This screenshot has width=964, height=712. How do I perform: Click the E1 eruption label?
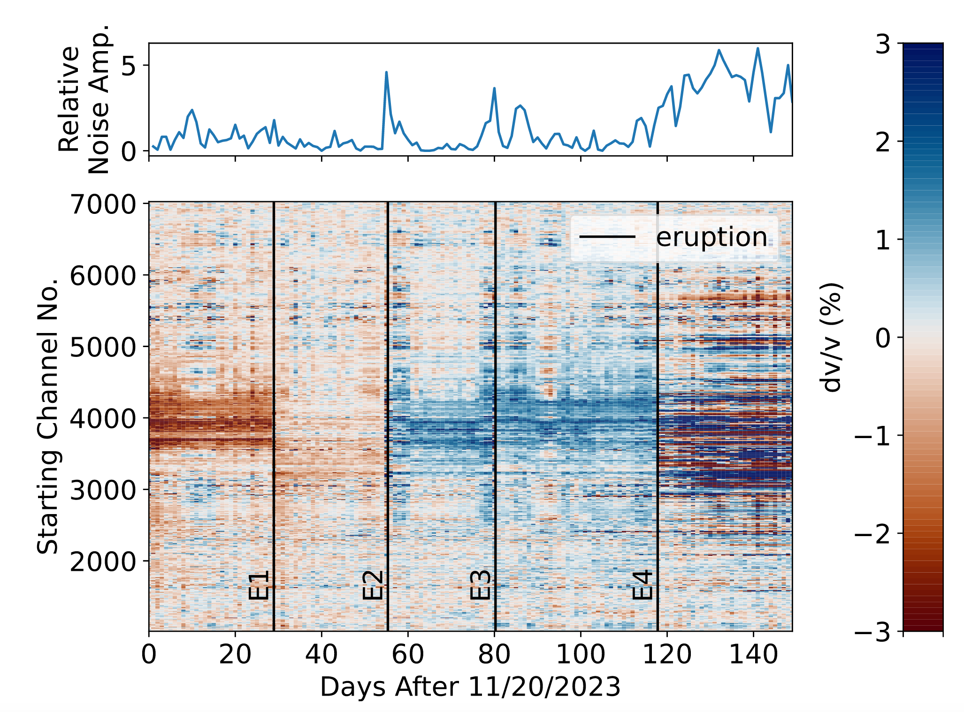click(259, 585)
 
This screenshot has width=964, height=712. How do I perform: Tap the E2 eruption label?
click(373, 585)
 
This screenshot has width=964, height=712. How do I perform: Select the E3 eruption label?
click(480, 585)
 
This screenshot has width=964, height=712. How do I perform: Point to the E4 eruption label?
click(643, 585)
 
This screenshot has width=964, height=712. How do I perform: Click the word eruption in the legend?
click(712, 237)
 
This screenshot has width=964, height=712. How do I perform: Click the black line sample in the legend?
click(607, 236)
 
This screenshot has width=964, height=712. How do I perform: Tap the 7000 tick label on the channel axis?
click(103, 205)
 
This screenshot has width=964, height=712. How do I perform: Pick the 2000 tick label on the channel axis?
click(103, 561)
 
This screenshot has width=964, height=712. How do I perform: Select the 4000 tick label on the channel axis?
click(103, 418)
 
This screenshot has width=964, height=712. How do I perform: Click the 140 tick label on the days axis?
click(753, 654)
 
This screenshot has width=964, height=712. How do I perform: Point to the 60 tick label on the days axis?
click(408, 654)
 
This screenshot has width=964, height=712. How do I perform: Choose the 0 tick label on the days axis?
click(149, 654)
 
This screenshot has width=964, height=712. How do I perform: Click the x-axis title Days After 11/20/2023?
click(470, 688)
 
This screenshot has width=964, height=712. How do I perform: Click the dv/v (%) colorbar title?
click(831, 337)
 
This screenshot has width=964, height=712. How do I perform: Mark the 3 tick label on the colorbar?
click(883, 45)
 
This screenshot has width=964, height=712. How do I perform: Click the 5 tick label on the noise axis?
click(129, 66)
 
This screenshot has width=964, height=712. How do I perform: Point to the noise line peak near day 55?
click(386, 72)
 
